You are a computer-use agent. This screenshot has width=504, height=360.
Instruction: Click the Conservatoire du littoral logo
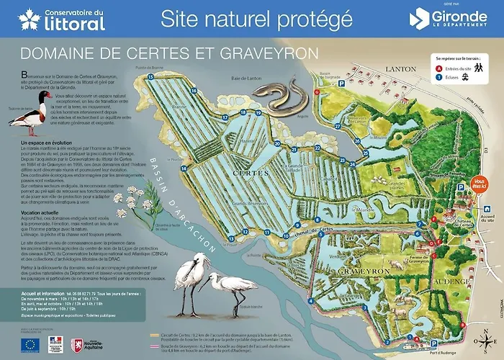pyautogui.click(x=61, y=19)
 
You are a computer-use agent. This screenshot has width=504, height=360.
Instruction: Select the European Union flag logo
pyautogui.click(x=30, y=344)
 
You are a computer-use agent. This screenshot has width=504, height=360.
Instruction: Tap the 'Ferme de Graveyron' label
pyautogui.click(x=424, y=260)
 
